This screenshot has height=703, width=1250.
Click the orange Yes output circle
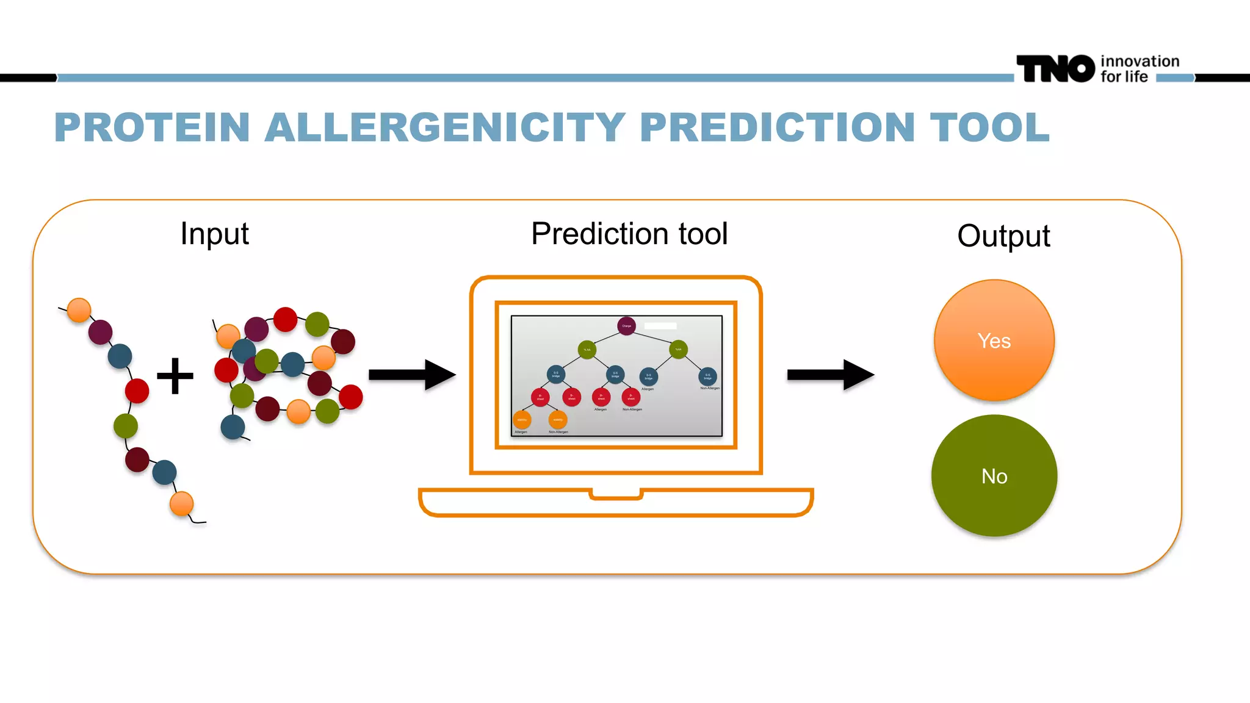tap(994, 340)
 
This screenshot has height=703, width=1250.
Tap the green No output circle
tap(994, 475)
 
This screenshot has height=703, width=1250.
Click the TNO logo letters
tap(1055, 68)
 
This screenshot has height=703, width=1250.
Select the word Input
tap(214, 234)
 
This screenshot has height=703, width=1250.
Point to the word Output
tap(1003, 236)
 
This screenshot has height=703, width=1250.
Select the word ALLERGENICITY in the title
tap(445, 128)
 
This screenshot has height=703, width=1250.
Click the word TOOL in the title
tap(989, 128)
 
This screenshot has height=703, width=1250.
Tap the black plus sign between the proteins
tap(175, 376)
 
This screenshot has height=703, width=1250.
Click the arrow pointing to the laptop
tap(412, 375)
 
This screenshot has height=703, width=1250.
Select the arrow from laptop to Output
tap(831, 375)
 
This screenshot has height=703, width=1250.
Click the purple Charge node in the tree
tap(626, 326)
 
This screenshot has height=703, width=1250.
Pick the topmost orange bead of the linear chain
tap(79, 310)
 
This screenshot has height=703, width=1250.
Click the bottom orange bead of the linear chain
tap(181, 504)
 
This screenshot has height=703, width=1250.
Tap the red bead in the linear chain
tap(137, 391)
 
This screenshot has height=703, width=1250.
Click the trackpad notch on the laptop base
tap(616, 494)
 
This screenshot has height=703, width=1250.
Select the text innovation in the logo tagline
tap(1140, 61)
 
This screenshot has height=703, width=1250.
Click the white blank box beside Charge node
tap(660, 326)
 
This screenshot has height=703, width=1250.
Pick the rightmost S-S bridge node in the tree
tap(707, 376)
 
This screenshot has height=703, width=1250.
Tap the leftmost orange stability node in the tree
tap(522, 420)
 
